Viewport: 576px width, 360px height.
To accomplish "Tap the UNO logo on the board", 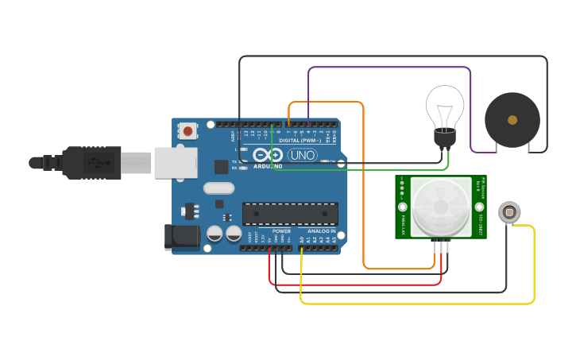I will (x=302, y=154).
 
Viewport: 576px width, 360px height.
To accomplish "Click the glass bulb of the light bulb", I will (x=444, y=105).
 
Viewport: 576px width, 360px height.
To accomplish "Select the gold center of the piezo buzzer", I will (x=512, y=120).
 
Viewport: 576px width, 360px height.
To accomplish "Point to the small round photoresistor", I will (x=509, y=212).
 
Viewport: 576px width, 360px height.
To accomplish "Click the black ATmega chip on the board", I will (x=290, y=213).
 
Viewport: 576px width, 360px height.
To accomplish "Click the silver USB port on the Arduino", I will (x=175, y=162).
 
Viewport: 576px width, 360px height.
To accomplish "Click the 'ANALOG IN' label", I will (x=322, y=231).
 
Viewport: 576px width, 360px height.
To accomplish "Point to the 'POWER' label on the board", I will (x=281, y=231).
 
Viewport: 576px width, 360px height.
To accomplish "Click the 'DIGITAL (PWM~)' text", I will (x=300, y=141).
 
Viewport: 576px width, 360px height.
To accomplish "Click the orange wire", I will (x=364, y=191).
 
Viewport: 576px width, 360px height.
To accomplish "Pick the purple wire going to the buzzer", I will (x=389, y=68).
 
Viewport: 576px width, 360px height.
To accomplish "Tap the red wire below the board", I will (x=358, y=285).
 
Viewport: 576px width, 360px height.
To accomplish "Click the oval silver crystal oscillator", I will (x=218, y=188).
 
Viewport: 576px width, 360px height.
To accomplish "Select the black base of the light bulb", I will (x=444, y=137).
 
